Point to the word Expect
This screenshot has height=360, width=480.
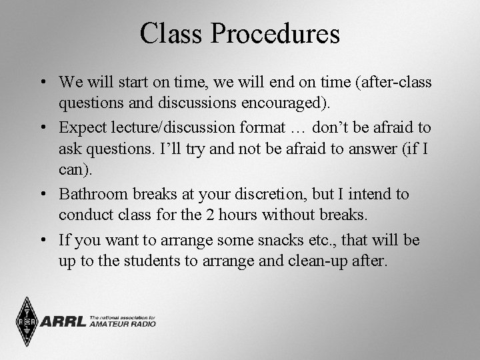tap(83, 127)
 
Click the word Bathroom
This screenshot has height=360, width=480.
tap(91, 194)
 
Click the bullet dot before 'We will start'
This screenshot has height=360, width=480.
tap(42, 82)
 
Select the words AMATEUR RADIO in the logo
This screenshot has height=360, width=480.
tap(123, 325)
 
